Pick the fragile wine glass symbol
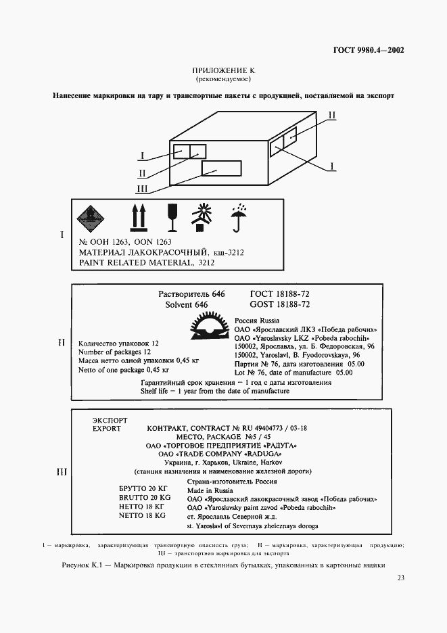(x=172, y=216)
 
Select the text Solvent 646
(x=186, y=305)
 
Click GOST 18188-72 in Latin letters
(x=279, y=305)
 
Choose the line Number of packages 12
(x=114, y=352)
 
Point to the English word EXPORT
(x=106, y=429)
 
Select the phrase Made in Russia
(x=210, y=490)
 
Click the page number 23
(x=400, y=578)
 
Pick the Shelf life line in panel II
(x=214, y=391)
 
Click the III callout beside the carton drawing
(x=142, y=189)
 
